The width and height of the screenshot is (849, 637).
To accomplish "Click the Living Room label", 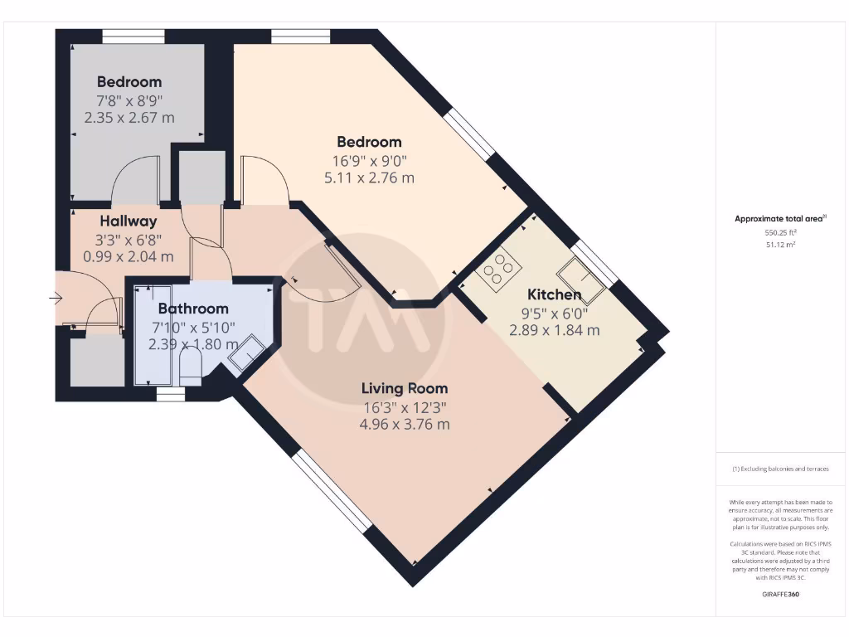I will pos(404,388).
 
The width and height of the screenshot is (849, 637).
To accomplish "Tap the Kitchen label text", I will pos(554,294).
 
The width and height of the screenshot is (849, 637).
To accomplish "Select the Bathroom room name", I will pos(193,309).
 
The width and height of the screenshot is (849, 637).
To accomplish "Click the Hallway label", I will pos(129,221).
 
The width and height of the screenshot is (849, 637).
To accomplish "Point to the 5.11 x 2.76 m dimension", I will pos(369,177).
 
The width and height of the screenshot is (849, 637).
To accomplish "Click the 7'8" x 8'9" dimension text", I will pos(129,100).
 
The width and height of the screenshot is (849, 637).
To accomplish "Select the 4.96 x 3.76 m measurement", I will pos(404,425).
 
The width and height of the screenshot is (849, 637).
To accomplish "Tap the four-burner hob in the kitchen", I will pos(497,269).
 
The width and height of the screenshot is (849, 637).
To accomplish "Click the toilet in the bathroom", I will pos(190,365).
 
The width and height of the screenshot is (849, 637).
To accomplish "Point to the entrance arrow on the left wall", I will pos(56,298).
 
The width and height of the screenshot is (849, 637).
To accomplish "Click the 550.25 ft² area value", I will pos(779,234).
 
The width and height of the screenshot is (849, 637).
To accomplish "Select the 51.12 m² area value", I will pos(779,246).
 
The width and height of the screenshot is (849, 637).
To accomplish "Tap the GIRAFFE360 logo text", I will pos(779,594).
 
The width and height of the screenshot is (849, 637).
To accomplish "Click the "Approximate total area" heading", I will pos(779,219).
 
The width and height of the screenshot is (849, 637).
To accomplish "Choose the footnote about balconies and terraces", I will pos(779,469).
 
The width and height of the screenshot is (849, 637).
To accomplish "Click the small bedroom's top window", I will pos(133,35).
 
